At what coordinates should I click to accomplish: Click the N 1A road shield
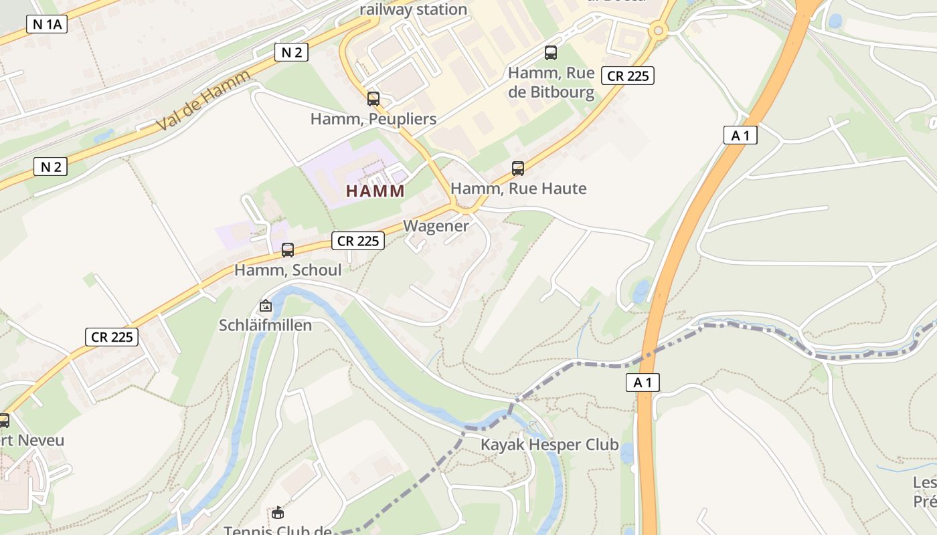point(47,25)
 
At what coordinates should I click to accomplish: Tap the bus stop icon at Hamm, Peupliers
point(373,99)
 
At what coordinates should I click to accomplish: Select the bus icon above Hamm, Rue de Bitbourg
point(551,52)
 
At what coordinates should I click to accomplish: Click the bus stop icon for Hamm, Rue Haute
point(518,168)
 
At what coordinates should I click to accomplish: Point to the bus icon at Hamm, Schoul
point(288,250)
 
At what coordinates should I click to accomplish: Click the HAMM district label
point(375,191)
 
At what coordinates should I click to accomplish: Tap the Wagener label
point(436,226)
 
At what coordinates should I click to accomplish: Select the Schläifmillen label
point(266,326)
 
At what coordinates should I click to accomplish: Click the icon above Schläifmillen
point(266,306)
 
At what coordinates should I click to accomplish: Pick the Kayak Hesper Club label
point(549,445)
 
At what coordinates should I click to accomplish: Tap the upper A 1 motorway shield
point(740,135)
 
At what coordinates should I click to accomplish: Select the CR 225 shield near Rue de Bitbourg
point(627,76)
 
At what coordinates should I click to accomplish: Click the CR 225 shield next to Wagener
point(359,241)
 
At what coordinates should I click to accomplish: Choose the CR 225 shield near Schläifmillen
point(112,337)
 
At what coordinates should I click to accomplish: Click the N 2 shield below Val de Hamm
point(51,167)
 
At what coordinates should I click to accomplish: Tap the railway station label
point(413,9)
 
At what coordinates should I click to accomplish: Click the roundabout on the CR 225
point(659,30)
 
